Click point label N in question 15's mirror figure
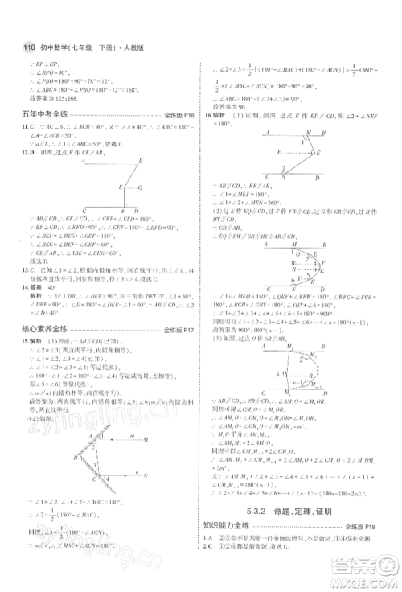pos(146,476)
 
